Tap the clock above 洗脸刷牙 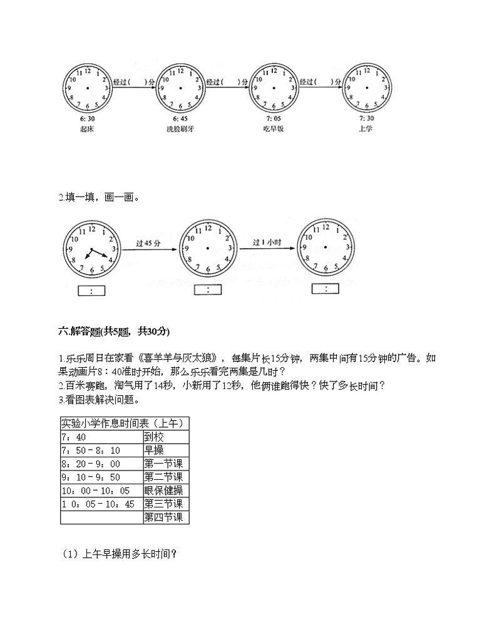(181, 88)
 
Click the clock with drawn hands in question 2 (91, 251)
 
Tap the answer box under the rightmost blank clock (325, 289)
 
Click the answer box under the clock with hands (92, 291)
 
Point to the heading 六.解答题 (113, 331)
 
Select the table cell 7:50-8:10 (101, 450)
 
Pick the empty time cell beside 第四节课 (101, 517)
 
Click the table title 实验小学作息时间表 (124, 423)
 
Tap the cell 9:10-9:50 (101, 477)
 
